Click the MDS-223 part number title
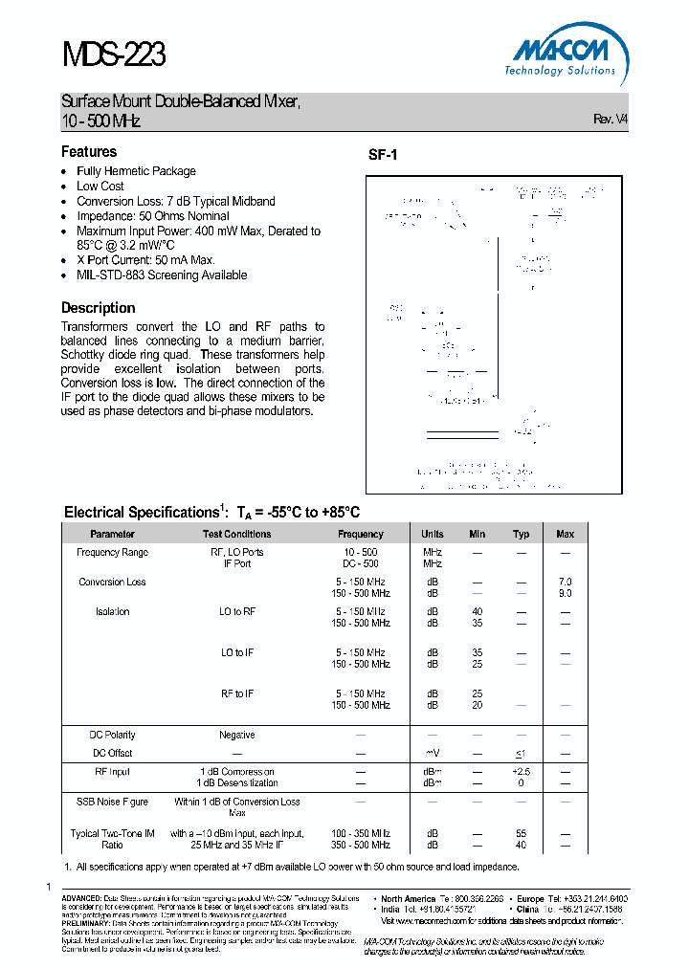pos(114,55)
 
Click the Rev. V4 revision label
pos(611,120)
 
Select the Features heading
pos(89,152)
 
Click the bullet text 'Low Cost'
pos(100,187)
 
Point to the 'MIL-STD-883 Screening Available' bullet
pos(162,275)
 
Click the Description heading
pos(99,308)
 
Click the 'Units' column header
pos(433,534)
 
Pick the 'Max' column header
pos(565,534)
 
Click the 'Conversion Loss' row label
pos(112,582)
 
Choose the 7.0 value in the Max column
pos(565,582)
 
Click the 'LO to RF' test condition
pos(237,611)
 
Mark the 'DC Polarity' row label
pos(112,735)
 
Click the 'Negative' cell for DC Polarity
pos(237,735)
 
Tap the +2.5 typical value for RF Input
pos(521,771)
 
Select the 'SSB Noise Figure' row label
pos(112,802)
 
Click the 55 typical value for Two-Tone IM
pos(521,834)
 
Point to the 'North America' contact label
pos(408,899)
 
